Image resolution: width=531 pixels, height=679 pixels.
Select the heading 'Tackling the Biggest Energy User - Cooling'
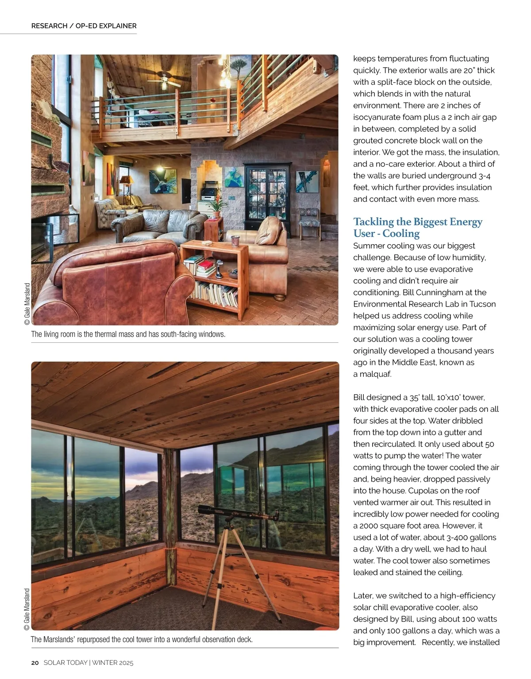(417, 227)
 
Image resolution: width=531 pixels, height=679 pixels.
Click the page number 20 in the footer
(35, 663)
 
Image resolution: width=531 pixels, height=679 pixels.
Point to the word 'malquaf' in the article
(376, 374)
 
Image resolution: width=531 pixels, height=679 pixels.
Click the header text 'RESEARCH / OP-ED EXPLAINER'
(84, 26)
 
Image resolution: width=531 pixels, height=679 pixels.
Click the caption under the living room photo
(128, 334)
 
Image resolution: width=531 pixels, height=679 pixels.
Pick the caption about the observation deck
(142, 640)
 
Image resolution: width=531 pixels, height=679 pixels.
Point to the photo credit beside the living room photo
(27, 305)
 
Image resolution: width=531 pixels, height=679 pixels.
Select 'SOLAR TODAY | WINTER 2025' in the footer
(88, 663)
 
